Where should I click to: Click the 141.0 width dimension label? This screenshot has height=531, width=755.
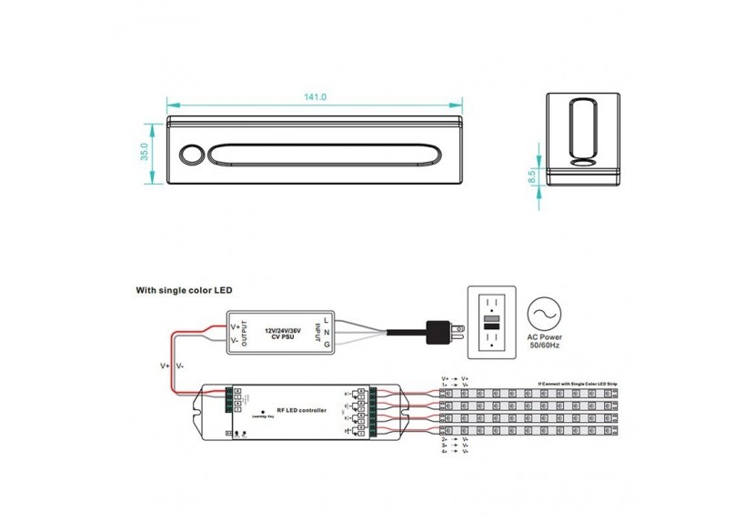click(316, 97)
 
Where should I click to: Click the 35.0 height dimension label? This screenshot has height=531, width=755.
click(144, 152)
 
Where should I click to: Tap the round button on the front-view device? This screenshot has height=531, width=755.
click(191, 154)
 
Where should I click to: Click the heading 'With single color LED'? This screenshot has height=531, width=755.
click(184, 291)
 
